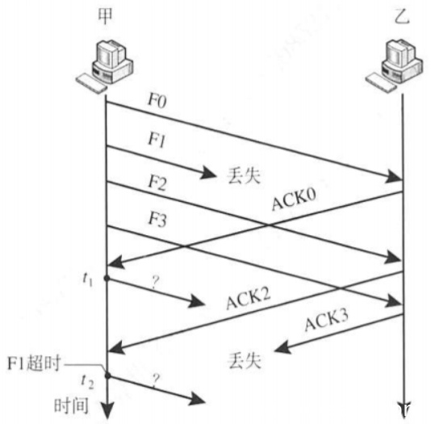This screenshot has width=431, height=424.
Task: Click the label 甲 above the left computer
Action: (x=105, y=16)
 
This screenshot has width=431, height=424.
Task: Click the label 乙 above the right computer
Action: (x=402, y=16)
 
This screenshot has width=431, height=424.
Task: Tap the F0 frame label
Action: (x=157, y=100)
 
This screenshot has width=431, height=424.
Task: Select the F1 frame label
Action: (x=157, y=140)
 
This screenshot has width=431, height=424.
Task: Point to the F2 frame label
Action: (x=157, y=183)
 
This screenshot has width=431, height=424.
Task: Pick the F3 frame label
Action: (x=157, y=220)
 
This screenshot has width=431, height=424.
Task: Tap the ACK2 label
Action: (x=249, y=299)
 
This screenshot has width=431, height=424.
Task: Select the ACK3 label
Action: (x=327, y=319)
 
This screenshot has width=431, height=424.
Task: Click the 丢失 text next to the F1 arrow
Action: (x=243, y=175)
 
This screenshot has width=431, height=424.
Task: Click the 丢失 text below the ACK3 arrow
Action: (x=245, y=360)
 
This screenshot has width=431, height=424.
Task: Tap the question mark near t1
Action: (x=155, y=283)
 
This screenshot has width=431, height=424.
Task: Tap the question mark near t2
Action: (x=156, y=380)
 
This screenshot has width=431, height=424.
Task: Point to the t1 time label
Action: (x=88, y=279)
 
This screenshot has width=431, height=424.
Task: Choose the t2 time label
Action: (x=88, y=382)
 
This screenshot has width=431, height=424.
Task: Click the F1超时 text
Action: (x=34, y=363)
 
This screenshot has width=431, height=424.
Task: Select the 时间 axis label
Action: (x=71, y=405)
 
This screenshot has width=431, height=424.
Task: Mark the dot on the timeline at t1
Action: (x=107, y=279)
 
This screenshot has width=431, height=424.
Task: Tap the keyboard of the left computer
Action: (x=90, y=84)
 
